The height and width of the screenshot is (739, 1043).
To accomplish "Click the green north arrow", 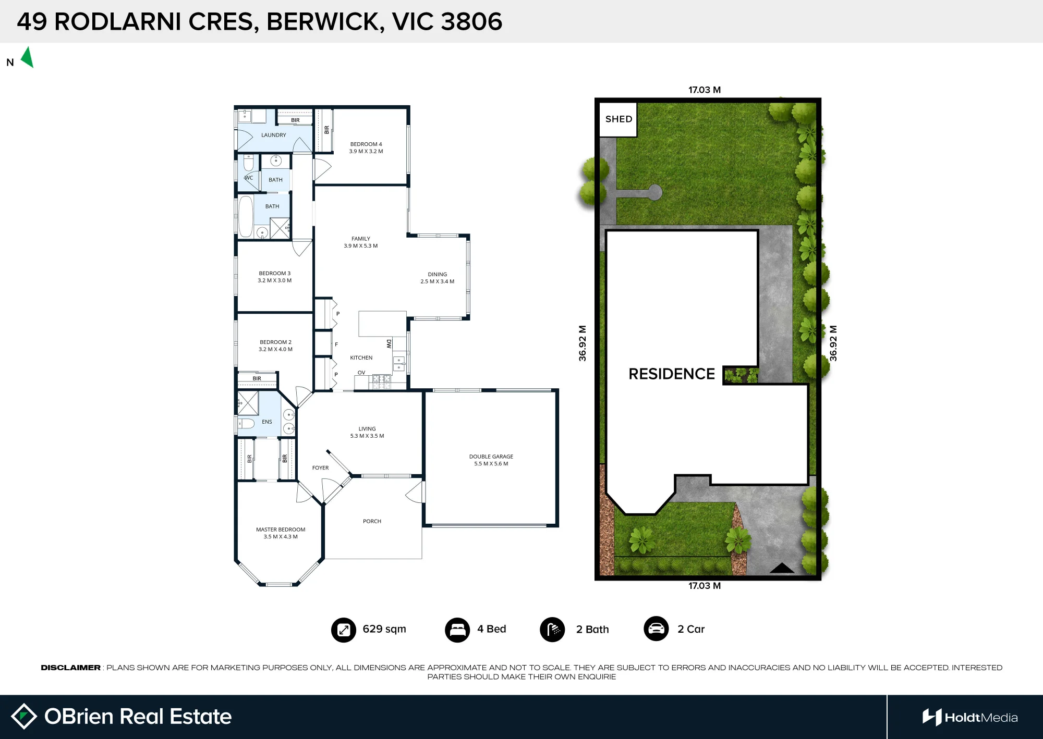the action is point(28,57).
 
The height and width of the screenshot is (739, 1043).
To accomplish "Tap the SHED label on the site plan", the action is point(618,119).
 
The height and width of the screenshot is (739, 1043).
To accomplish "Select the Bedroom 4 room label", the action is point(366,144).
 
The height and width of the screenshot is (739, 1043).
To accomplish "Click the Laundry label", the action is point(274,135).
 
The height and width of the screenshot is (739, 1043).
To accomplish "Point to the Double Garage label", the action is point(491,457).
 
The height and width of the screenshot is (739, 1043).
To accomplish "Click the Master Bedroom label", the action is point(281,529).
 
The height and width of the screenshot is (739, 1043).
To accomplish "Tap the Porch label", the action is point(372,521).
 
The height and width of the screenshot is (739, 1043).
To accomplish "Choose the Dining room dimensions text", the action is point(438,281).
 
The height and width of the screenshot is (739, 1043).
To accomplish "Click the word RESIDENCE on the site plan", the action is point(672,374).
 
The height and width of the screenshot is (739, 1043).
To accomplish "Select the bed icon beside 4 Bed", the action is point(457,630).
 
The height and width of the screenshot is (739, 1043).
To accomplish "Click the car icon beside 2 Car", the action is point(657,629).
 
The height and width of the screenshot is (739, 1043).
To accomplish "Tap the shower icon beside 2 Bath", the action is point(553,630).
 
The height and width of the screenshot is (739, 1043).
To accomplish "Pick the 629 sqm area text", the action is point(384,629).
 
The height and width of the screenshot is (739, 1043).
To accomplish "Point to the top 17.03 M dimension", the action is point(705,90).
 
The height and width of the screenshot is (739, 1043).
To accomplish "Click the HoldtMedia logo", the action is point(970,718).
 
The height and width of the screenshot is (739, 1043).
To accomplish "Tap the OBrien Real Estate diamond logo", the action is point(24,716).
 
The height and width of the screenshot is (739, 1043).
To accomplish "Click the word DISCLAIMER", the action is point(70,668).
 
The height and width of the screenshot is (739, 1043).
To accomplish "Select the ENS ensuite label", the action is point(267,422).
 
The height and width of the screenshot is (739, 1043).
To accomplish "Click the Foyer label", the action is point(320,468).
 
